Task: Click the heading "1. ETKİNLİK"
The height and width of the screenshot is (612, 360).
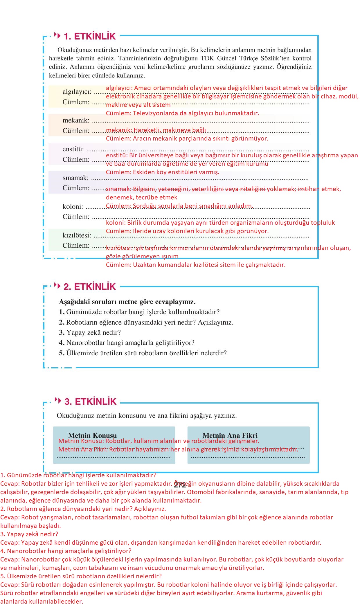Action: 89,36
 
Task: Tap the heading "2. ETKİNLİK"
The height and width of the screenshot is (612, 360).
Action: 89,287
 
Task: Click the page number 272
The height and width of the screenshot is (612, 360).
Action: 180,485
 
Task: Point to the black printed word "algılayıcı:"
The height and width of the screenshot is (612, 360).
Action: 77,92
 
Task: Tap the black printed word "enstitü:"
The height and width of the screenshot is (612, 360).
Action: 73,149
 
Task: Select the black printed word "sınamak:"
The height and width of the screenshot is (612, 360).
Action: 75,178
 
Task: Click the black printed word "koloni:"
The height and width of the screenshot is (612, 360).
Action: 73,206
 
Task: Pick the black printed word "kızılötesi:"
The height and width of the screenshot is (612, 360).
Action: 77,235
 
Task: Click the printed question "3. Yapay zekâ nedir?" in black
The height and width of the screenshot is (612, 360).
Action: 90,332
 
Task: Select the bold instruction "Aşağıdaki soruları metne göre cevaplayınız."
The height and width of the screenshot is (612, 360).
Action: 127,302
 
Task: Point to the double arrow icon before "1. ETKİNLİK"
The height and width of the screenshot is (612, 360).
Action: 57,36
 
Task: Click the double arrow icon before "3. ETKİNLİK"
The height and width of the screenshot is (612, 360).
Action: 58,401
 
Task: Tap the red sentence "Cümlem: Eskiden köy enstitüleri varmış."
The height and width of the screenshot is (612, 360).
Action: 162,172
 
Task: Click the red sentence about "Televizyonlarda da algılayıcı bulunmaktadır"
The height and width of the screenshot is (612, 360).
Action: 182,113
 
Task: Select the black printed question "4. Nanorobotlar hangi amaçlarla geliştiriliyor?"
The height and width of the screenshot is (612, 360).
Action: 127,343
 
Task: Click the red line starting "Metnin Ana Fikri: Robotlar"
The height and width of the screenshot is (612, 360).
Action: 178,449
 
